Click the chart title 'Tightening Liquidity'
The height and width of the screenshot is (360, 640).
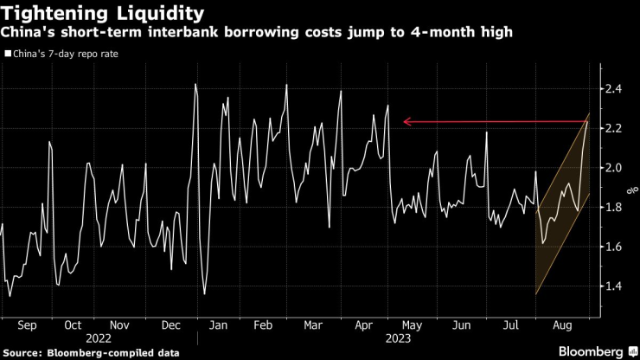point(103,14)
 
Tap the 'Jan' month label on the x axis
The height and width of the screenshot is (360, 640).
point(219,326)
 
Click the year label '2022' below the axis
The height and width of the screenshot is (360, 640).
point(96,339)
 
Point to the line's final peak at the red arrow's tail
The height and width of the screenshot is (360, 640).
point(586,123)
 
